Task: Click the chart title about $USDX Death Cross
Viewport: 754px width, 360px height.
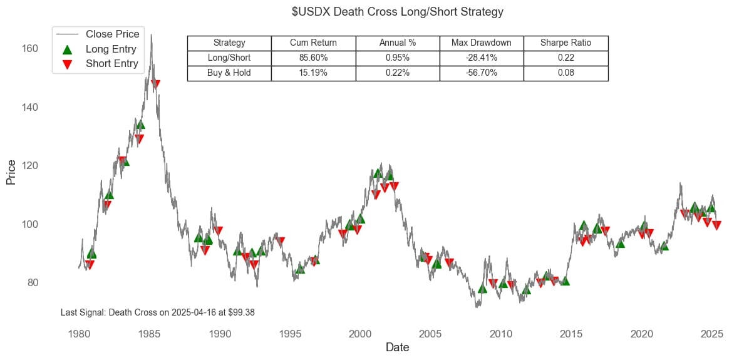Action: pyautogui.click(x=398, y=12)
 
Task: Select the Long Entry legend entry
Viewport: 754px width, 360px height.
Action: pyautogui.click(x=110, y=48)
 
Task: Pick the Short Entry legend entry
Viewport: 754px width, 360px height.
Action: pyautogui.click(x=111, y=63)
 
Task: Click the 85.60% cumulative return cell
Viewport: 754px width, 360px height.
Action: pyautogui.click(x=313, y=58)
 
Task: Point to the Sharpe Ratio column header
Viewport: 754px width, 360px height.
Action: pyautogui.click(x=565, y=43)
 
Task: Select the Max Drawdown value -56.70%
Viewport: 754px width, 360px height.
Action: pyautogui.click(x=482, y=73)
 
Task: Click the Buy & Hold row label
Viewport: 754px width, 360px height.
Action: pyautogui.click(x=229, y=73)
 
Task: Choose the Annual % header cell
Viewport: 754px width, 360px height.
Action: pyautogui.click(x=398, y=43)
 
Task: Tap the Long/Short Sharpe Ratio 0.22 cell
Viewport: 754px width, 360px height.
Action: pyautogui.click(x=565, y=58)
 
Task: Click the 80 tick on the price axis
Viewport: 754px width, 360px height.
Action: pyautogui.click(x=34, y=283)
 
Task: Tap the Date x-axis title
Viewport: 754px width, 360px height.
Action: pyautogui.click(x=398, y=347)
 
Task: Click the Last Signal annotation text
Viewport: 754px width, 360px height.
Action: pyautogui.click(x=158, y=312)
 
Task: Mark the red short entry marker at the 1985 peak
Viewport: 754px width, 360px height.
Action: pyautogui.click(x=155, y=84)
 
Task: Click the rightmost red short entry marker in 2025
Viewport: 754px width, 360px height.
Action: pyautogui.click(x=717, y=225)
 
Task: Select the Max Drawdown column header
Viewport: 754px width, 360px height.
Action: pyautogui.click(x=482, y=43)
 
